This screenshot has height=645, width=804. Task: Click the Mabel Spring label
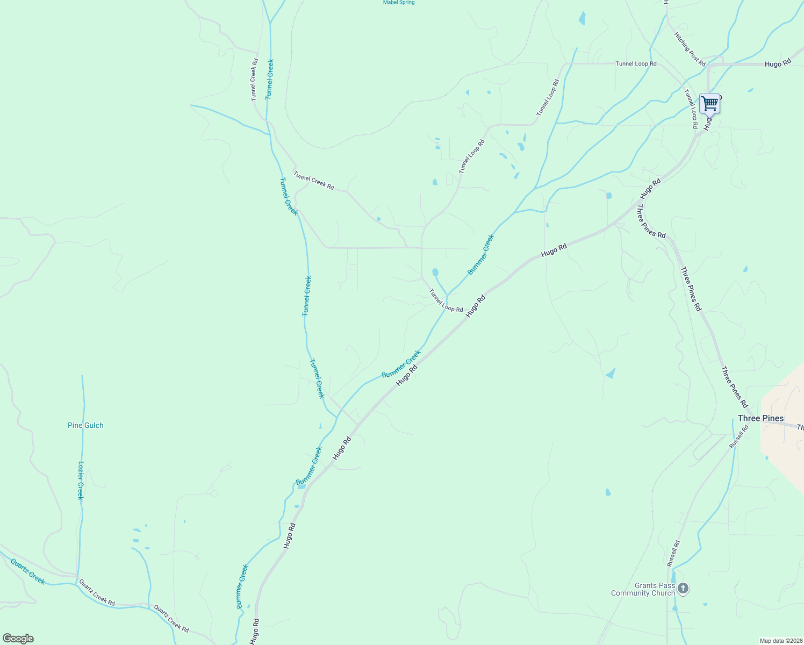pyautogui.click(x=398, y=3)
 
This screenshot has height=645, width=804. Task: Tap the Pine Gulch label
pyautogui.click(x=85, y=425)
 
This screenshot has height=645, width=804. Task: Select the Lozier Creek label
pyautogui.click(x=81, y=480)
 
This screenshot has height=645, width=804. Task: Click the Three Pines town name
pyautogui.click(x=760, y=418)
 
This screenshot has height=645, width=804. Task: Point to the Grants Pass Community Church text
pyautogui.click(x=643, y=590)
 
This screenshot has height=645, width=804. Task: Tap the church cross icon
pyautogui.click(x=683, y=589)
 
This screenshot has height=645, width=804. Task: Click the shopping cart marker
pyautogui.click(x=709, y=103)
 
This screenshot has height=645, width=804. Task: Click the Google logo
pyautogui.click(x=18, y=639)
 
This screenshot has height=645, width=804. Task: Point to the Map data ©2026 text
pyautogui.click(x=780, y=641)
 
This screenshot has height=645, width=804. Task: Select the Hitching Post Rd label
pyautogui.click(x=690, y=48)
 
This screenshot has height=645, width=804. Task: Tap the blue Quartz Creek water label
pyautogui.click(x=27, y=571)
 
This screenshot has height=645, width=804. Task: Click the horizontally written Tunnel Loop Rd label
pyautogui.click(x=636, y=63)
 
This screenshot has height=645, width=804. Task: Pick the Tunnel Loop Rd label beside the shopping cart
pyautogui.click(x=691, y=109)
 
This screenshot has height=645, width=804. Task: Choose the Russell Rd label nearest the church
pyautogui.click(x=673, y=553)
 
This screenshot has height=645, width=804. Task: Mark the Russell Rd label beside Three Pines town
pyautogui.click(x=738, y=437)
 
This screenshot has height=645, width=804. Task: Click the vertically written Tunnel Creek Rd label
pyautogui.click(x=254, y=80)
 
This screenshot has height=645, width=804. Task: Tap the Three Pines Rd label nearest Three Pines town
pyautogui.click(x=734, y=387)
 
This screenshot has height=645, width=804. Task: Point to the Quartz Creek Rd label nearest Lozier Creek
pyautogui.click(x=97, y=592)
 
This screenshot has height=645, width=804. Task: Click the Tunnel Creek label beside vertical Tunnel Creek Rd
pyautogui.click(x=270, y=79)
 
